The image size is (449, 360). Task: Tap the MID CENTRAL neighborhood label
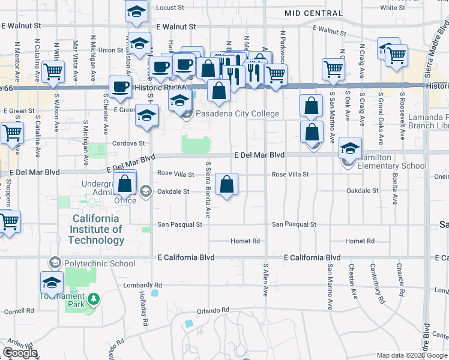[306, 13]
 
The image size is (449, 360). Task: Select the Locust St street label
[169, 8]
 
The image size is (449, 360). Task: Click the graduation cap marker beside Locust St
[137, 11]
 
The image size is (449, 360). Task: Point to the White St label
[393, 8]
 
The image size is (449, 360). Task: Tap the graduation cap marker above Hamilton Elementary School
[351, 148]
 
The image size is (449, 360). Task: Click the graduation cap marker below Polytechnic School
[52, 283]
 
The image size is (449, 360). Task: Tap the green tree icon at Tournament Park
[92, 299]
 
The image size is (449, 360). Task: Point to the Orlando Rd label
[213, 310]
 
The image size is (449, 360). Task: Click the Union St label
[111, 50]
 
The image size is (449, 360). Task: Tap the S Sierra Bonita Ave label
[208, 189]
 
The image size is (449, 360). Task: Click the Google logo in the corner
[20, 353]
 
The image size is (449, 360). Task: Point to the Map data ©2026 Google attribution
[411, 355]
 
